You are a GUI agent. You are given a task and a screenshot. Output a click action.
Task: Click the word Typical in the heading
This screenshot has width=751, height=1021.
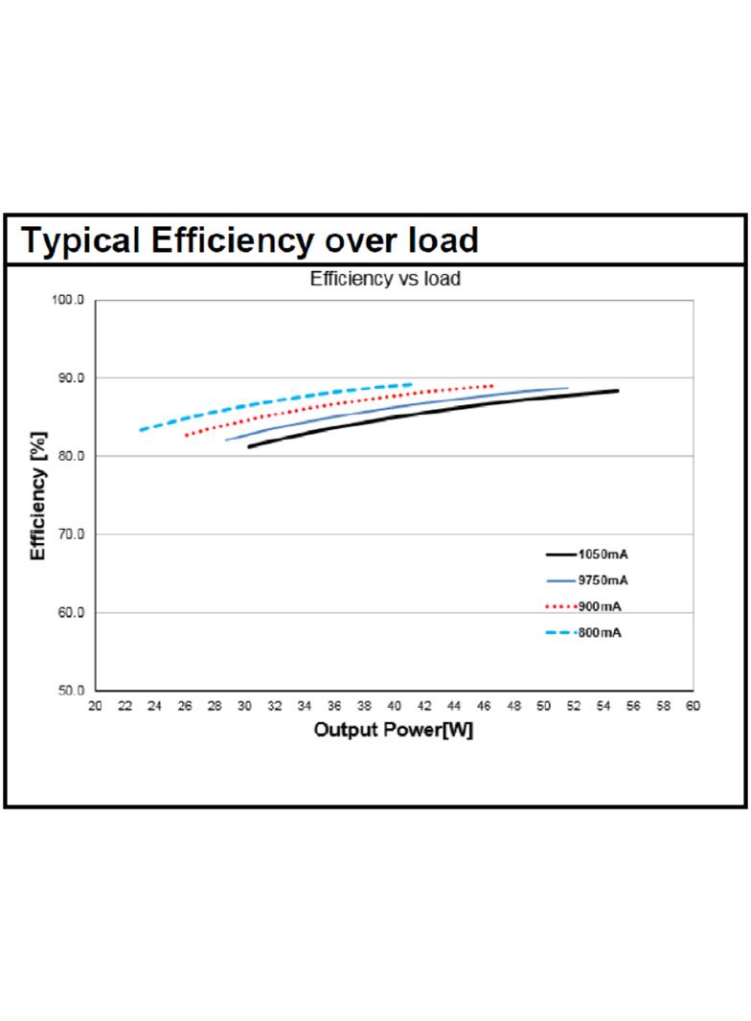click(x=80, y=241)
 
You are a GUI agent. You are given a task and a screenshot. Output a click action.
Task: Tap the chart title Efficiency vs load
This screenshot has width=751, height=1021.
click(x=385, y=279)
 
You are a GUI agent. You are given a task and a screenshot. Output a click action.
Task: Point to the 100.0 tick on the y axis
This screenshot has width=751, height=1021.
click(x=68, y=300)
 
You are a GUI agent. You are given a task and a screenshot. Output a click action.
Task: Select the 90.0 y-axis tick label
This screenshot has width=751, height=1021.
click(x=70, y=377)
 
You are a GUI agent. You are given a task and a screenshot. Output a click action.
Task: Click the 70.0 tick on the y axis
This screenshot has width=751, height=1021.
click(x=70, y=533)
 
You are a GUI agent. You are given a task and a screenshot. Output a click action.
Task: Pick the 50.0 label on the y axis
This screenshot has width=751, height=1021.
click(x=70, y=691)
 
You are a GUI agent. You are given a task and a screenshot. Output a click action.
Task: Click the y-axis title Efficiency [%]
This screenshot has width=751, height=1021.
click(x=38, y=495)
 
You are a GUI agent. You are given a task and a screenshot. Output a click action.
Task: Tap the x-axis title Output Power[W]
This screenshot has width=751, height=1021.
click(x=394, y=729)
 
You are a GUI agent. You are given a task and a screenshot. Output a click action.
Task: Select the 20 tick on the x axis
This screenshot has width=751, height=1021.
click(x=95, y=706)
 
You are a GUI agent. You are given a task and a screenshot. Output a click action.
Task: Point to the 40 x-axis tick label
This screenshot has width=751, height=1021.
click(x=394, y=706)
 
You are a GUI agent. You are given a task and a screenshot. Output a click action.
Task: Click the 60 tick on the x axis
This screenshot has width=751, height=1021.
click(x=693, y=706)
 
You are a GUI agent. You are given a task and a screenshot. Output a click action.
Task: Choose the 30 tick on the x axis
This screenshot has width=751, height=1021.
click(x=244, y=706)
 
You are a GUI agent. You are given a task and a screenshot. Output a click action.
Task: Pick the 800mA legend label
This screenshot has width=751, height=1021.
click(x=600, y=632)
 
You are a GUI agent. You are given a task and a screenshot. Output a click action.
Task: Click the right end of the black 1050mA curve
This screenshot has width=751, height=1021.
click(x=618, y=391)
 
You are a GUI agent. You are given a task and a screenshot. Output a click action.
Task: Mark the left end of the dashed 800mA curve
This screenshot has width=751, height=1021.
click(x=140, y=430)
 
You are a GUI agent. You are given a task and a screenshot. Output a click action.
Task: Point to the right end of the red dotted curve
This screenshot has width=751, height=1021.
click(x=491, y=385)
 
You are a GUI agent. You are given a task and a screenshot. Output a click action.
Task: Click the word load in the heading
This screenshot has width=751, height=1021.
click(x=444, y=239)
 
